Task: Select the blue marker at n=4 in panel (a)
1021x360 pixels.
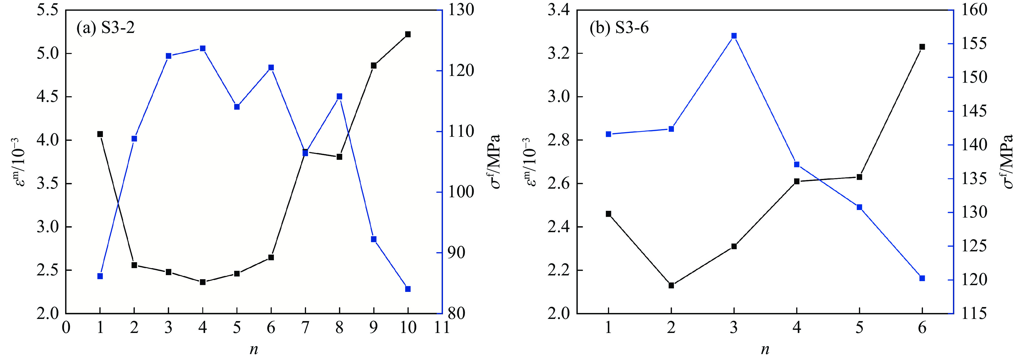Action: tap(203, 48)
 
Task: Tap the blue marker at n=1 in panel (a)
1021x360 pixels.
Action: tap(100, 276)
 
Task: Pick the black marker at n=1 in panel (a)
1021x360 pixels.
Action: tap(100, 134)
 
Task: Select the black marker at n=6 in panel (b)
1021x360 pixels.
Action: tap(922, 47)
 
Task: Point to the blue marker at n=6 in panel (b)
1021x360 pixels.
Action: tap(922, 278)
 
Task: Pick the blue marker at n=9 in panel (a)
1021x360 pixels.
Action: tap(373, 239)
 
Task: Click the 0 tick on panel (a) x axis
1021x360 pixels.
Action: tap(66, 328)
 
